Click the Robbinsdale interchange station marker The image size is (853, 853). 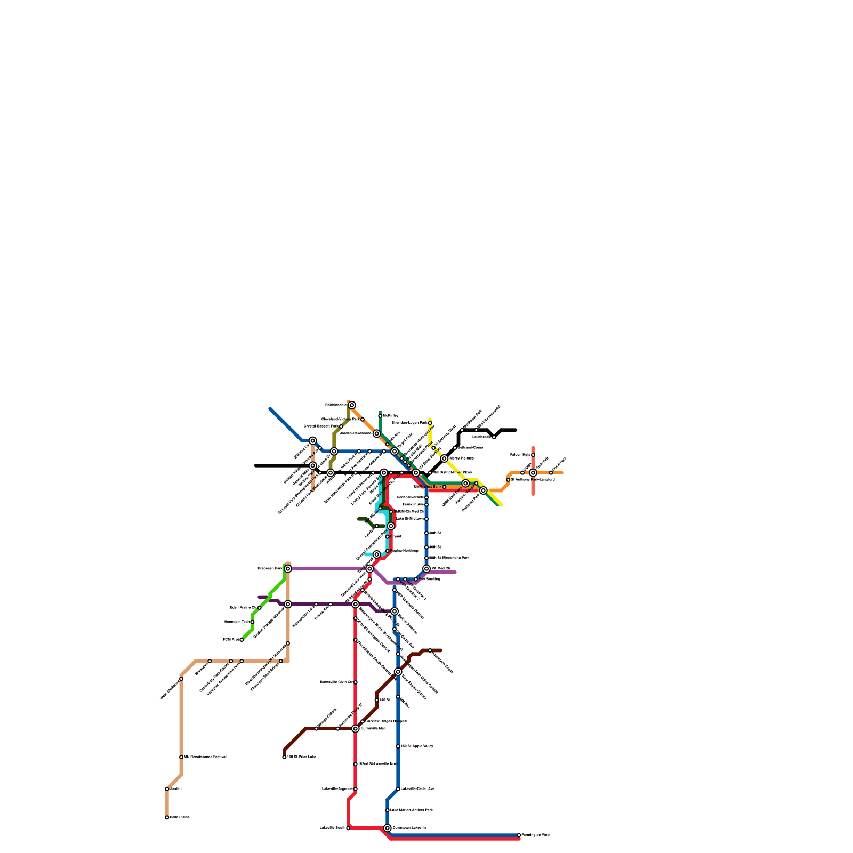(x=352, y=405)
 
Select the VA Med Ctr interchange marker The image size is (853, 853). (x=426, y=569)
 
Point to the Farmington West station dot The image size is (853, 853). (x=519, y=835)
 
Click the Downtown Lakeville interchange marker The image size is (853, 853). (x=388, y=828)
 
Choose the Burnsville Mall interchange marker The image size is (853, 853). (x=356, y=728)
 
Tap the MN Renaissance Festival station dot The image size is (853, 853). (x=181, y=757)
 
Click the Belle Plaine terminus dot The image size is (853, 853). (x=167, y=817)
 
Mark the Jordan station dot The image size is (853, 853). (x=167, y=789)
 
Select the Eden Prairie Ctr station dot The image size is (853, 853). (x=260, y=608)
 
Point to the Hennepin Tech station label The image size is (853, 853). (x=236, y=622)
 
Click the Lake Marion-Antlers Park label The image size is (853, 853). (x=411, y=810)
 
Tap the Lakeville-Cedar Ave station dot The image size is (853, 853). (x=398, y=789)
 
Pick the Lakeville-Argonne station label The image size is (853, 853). (x=337, y=788)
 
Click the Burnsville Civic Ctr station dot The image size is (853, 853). (x=356, y=682)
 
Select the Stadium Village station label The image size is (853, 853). (x=465, y=496)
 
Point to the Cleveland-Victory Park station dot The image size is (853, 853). (x=363, y=420)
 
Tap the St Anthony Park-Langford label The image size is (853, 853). (x=533, y=479)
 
